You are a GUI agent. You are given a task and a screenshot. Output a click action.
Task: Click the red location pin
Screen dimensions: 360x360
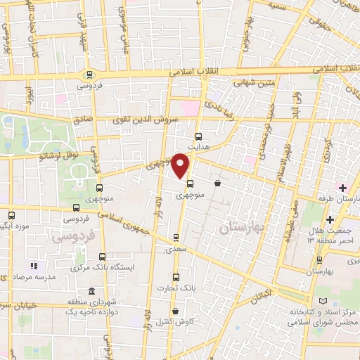pos(181,165)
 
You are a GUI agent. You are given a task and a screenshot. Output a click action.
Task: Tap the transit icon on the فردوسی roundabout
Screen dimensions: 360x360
pos(89,75)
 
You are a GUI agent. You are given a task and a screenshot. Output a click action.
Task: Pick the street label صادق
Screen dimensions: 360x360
pos(83,120)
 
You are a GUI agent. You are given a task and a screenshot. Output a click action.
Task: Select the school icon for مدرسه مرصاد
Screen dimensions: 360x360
pos(32,266)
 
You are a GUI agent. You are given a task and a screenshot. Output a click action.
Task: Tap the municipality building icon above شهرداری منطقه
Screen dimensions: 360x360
pos(91,292)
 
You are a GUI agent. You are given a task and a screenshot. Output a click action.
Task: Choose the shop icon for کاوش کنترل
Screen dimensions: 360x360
pos(174,311)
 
